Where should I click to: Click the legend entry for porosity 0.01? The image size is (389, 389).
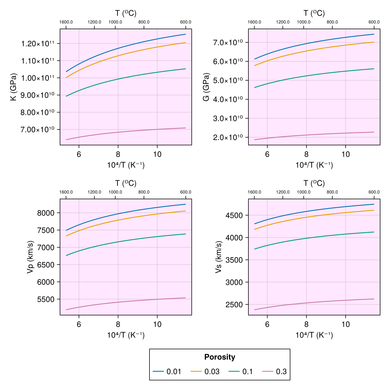click(x=167, y=371)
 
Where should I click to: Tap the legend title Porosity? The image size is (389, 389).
click(x=220, y=357)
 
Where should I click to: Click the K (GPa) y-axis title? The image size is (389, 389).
click(x=14, y=87)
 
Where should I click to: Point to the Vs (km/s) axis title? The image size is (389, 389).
click(x=219, y=257)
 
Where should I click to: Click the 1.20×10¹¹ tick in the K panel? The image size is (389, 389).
click(x=40, y=44)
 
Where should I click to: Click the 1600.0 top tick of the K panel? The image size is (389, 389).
click(x=66, y=22)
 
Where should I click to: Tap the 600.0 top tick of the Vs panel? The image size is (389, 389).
click(x=374, y=192)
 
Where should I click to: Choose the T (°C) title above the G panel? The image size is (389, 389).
click(x=314, y=13)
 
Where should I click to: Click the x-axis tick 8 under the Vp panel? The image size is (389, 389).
click(x=118, y=324)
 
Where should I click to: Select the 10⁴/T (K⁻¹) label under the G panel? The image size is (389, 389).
click(x=314, y=165)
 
